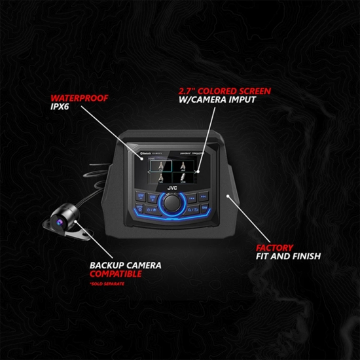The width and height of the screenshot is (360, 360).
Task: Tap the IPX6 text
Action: point(62,109)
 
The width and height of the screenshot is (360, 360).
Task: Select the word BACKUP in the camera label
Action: point(106,266)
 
